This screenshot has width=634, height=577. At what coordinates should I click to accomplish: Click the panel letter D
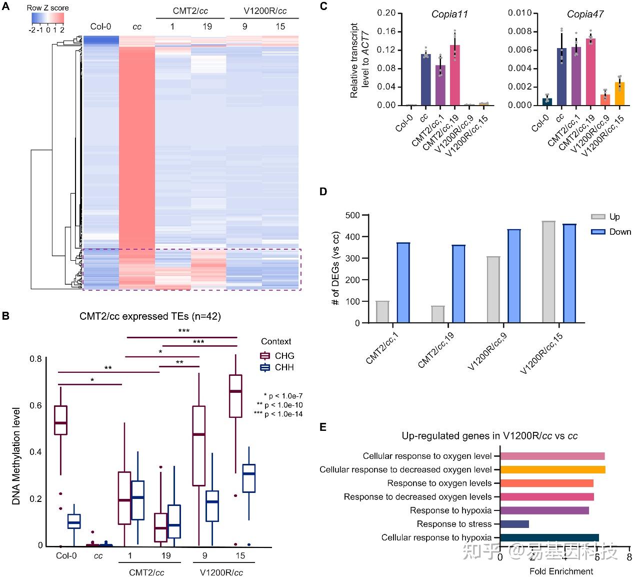323,192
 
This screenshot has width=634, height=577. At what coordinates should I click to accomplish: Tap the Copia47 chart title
585,14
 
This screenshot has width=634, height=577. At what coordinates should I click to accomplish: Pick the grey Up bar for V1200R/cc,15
548,272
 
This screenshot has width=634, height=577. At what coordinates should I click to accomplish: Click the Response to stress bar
514,524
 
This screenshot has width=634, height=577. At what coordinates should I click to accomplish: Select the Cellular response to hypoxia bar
549,537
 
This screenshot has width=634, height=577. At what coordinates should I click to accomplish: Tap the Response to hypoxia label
450,510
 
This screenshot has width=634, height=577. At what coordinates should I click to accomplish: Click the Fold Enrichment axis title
561,571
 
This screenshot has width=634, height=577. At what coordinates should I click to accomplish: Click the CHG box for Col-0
60,420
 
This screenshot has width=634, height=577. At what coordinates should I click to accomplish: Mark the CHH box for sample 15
248,478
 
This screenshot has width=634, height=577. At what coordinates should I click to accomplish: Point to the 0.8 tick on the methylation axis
35,359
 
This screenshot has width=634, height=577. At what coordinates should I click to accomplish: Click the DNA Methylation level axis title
16,455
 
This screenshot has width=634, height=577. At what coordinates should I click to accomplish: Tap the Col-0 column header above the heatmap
100,27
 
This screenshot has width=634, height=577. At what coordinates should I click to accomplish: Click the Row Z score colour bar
48,18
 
